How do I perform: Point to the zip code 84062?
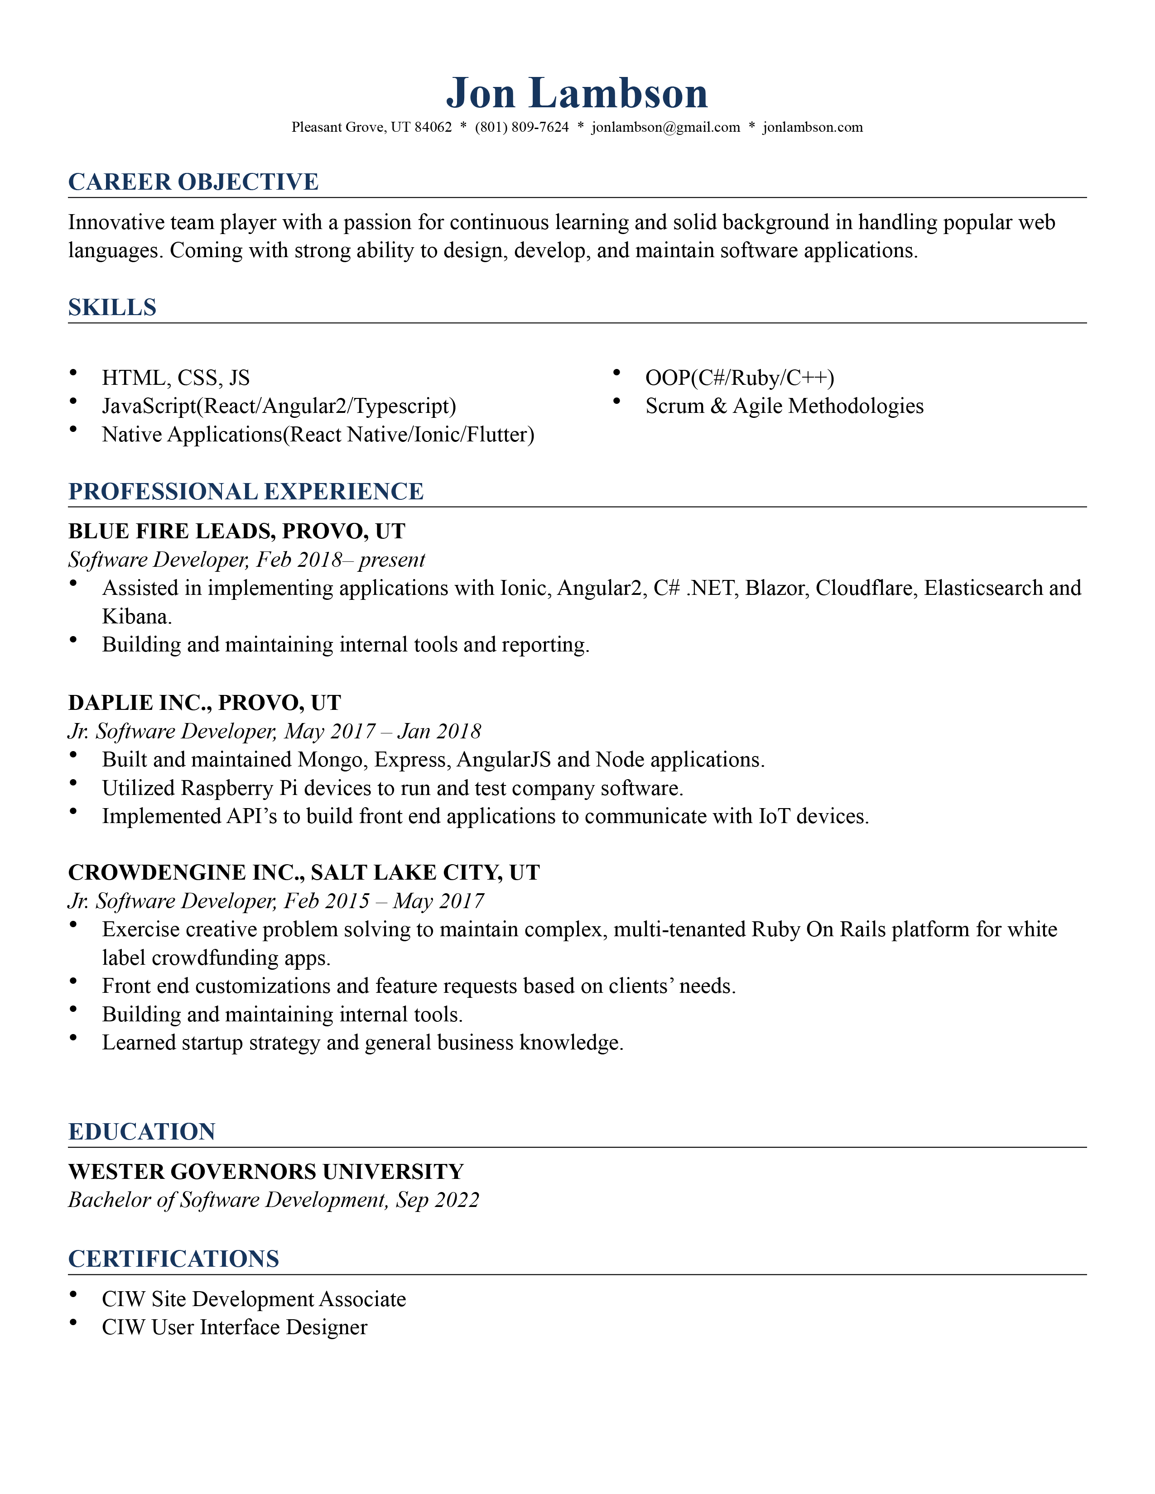[x=433, y=127]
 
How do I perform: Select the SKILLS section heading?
[x=112, y=308]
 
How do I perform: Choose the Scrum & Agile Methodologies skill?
[x=784, y=407]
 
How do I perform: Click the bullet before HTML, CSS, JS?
[x=73, y=373]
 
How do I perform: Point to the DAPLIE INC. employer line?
[x=204, y=703]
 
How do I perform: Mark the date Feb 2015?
[x=327, y=901]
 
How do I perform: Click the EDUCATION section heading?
[x=142, y=1132]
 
